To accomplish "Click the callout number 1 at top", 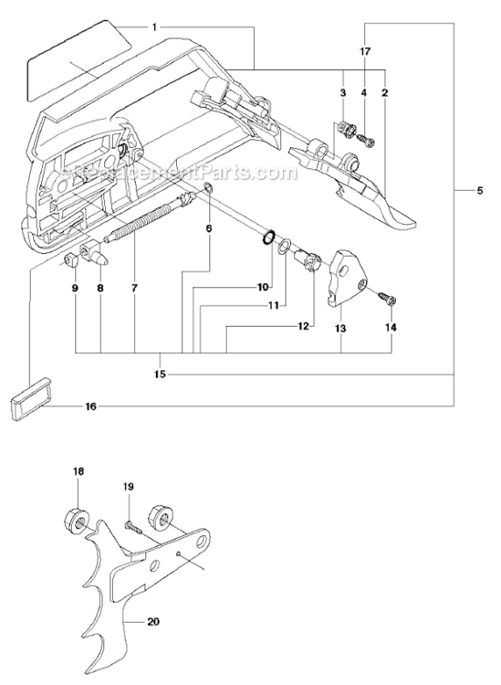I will point(155,27).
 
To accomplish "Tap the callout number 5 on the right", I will point(480,191).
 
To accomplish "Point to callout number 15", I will point(162,373).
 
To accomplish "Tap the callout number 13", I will point(341,328).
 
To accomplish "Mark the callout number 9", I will point(75,289).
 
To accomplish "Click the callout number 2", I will point(385,93).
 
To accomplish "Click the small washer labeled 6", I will point(207,189).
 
